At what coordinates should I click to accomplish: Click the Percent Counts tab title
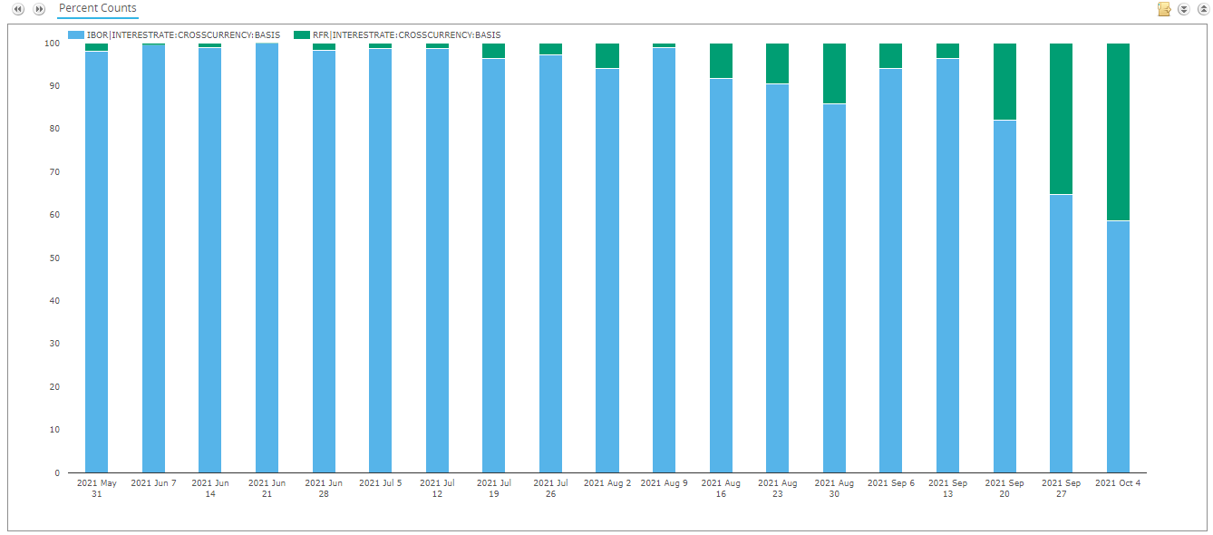pyautogui.click(x=98, y=8)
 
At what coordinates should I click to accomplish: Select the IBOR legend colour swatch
pyautogui.click(x=76, y=34)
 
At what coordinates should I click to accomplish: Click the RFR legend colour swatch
pyautogui.click(x=302, y=34)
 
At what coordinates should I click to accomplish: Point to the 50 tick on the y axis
pyautogui.click(x=54, y=258)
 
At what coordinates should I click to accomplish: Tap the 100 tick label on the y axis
pyautogui.click(x=52, y=44)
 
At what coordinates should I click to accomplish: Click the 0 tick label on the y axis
pyautogui.click(x=57, y=472)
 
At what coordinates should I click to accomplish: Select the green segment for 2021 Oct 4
pyautogui.click(x=1118, y=132)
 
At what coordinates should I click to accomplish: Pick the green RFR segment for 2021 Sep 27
pyautogui.click(x=1061, y=119)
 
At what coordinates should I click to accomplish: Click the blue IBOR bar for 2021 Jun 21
pyautogui.click(x=267, y=258)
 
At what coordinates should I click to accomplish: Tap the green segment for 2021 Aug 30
pyautogui.click(x=834, y=73)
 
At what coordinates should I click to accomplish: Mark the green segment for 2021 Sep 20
pyautogui.click(x=1004, y=82)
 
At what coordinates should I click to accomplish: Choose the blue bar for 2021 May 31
pyautogui.click(x=96, y=262)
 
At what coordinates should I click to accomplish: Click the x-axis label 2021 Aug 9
pyautogui.click(x=664, y=483)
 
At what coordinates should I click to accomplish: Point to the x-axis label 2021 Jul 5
pyautogui.click(x=380, y=483)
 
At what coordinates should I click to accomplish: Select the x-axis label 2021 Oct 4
pyautogui.click(x=1118, y=483)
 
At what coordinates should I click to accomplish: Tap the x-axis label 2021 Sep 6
pyautogui.click(x=891, y=483)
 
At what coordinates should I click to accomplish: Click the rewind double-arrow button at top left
pyautogui.click(x=18, y=9)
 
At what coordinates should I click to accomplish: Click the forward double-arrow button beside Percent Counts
pyautogui.click(x=39, y=9)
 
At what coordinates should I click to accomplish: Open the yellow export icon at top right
pyautogui.click(x=1164, y=9)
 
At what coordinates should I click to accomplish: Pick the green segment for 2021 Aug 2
pyautogui.click(x=607, y=56)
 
